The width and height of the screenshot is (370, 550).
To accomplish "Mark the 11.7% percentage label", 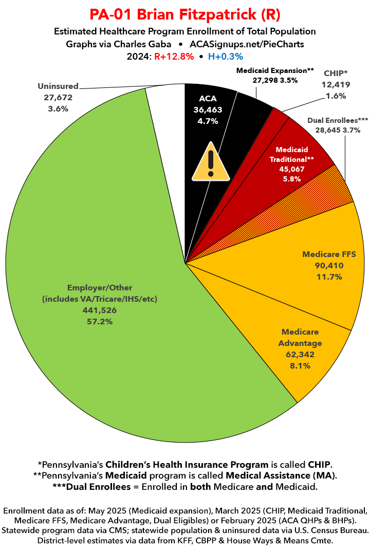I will [329, 277].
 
